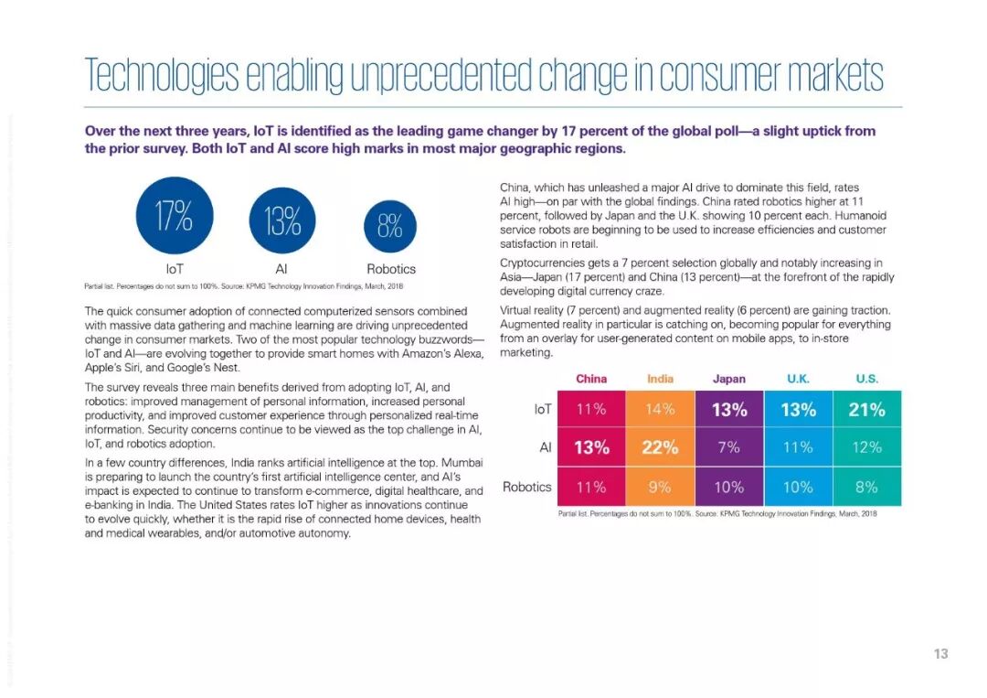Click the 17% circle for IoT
tap(174, 216)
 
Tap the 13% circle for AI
tap(282, 221)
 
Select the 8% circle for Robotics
tap(390, 225)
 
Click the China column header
tap(591, 379)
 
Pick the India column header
tap(660, 379)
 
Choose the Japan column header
tap(728, 379)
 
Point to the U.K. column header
tap(797, 379)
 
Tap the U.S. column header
tap(866, 379)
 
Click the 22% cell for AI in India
tap(660, 447)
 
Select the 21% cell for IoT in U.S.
tap(866, 410)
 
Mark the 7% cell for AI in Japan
tap(728, 447)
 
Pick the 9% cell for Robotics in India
tap(660, 487)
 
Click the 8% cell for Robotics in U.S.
tap(866, 487)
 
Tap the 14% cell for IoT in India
tap(660, 410)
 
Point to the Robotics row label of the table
tap(527, 487)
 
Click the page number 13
tap(940, 653)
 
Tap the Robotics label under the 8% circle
tap(390, 269)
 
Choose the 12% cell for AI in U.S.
tap(866, 447)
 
